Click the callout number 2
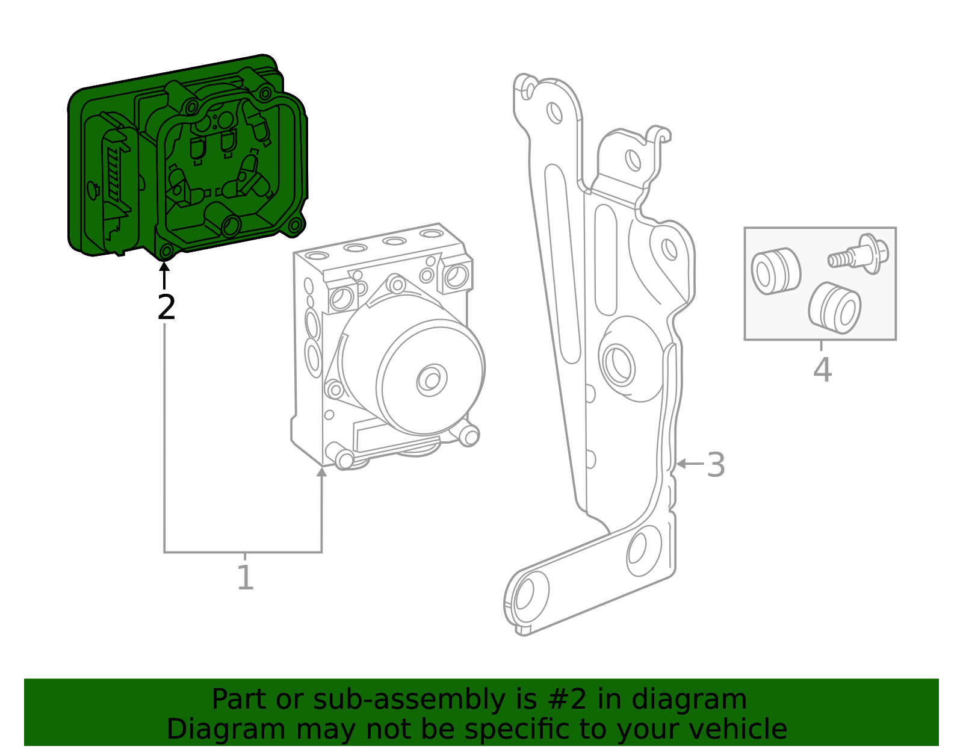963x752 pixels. point(166,308)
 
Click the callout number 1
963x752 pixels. point(245,577)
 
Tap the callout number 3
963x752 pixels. point(716,465)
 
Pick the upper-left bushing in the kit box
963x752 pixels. point(775,271)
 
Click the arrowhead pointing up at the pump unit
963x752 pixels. point(321,471)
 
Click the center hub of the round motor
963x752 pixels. point(432,379)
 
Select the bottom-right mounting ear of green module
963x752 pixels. point(294,226)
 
